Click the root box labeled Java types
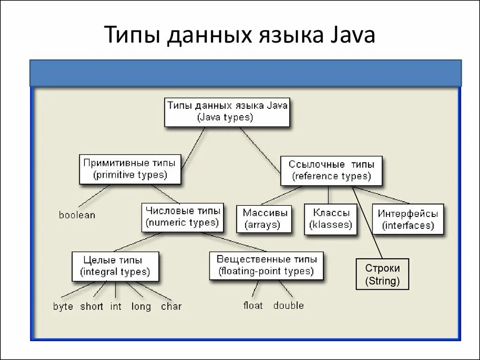click(x=227, y=112)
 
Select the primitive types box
click(x=130, y=169)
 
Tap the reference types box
click(x=331, y=171)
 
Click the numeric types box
click(x=182, y=217)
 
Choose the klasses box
click(x=330, y=219)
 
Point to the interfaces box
click(x=408, y=219)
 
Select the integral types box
click(x=115, y=266)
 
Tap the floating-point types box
click(x=266, y=265)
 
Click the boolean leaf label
click(x=77, y=215)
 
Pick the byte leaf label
click(x=63, y=307)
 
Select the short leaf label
click(x=91, y=307)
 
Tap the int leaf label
click(x=116, y=307)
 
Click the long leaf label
click(x=141, y=307)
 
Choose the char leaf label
click(x=171, y=307)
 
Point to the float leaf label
click(x=253, y=306)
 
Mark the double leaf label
click(x=288, y=306)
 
